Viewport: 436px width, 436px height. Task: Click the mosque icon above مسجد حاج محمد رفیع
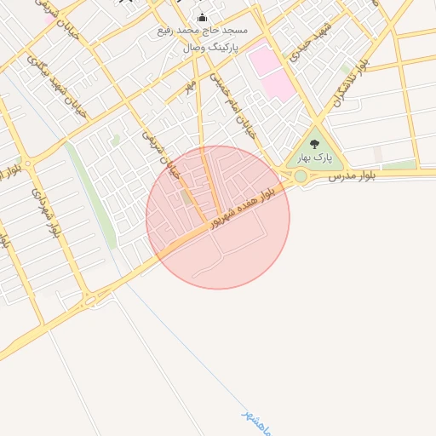pyautogui.click(x=202, y=18)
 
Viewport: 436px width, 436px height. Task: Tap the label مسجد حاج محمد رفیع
pyautogui.click(x=202, y=32)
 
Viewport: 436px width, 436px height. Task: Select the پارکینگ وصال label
pyautogui.click(x=215, y=48)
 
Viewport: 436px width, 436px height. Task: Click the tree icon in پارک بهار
pyautogui.click(x=315, y=145)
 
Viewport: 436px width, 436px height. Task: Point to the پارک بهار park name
pyautogui.click(x=313, y=158)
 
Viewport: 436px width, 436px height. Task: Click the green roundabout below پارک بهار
pyautogui.click(x=300, y=176)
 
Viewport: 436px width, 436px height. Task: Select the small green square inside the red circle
pyautogui.click(x=187, y=198)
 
